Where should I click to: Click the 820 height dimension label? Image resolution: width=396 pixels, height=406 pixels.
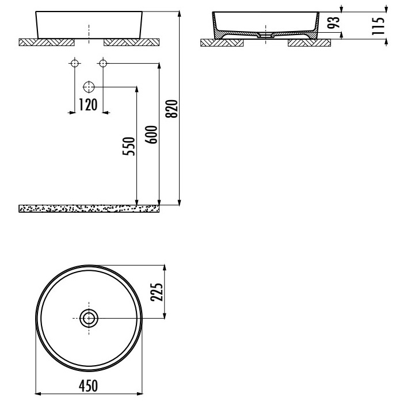(172, 109)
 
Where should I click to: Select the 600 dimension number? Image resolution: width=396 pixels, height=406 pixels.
(151, 135)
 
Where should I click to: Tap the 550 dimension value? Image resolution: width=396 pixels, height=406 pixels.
(129, 146)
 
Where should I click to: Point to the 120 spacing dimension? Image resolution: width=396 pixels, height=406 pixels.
(88, 105)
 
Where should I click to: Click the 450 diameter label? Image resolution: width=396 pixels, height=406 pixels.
(89, 385)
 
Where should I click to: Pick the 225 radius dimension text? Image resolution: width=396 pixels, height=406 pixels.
(157, 292)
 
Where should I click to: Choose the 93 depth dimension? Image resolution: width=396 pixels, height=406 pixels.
(333, 22)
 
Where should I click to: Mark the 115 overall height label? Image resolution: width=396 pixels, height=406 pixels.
(378, 26)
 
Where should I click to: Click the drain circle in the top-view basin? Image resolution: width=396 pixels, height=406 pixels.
(89, 318)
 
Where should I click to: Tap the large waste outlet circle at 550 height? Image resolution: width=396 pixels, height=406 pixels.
(89, 87)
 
